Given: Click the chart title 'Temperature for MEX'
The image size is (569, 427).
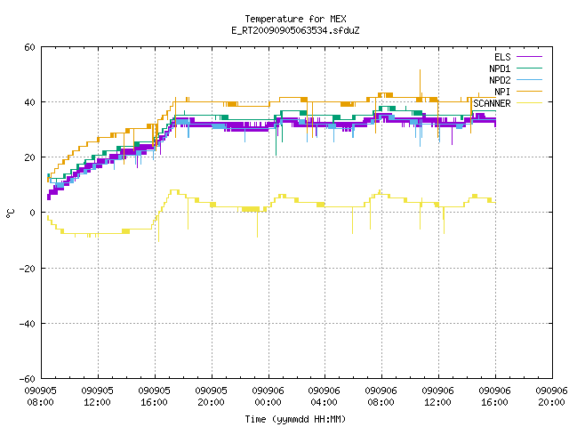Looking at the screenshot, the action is tap(295, 19).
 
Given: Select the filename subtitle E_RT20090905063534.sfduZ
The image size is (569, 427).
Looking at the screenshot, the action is tap(295, 30).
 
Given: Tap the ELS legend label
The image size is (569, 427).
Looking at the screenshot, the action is tap(502, 57).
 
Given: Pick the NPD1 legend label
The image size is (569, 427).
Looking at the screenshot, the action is tap(500, 68).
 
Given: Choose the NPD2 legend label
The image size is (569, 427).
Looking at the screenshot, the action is tap(500, 80).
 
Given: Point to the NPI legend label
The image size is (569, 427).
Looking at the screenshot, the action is tap(502, 92).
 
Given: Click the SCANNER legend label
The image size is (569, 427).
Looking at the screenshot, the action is tap(492, 103).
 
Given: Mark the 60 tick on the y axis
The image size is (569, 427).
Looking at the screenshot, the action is tap(29, 47).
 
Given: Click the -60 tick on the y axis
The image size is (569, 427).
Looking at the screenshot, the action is tap(28, 379).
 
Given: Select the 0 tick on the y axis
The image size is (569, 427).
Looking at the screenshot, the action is tap(33, 213).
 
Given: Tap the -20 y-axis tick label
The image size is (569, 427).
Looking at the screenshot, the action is tap(28, 269).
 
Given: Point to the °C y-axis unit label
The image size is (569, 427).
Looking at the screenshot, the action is tap(10, 213).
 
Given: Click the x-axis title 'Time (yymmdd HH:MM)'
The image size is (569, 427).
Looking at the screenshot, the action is tap(295, 419).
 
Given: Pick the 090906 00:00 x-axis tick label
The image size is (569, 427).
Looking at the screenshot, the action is tap(268, 397).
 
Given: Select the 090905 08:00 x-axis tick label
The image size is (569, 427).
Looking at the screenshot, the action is tap(41, 397).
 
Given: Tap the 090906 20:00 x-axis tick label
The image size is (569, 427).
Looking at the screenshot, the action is tap(551, 397).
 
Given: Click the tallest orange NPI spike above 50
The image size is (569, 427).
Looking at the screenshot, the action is tap(420, 69).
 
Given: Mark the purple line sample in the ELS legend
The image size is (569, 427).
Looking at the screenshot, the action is tap(529, 57).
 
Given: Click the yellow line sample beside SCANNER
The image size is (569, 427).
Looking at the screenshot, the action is tap(529, 103).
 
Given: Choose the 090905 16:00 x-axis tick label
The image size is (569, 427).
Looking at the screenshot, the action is tap(154, 397).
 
